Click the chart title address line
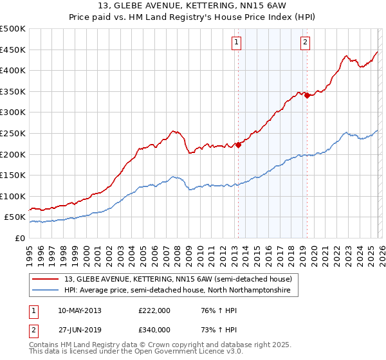(192, 6)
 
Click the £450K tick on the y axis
(13, 50)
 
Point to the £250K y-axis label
(13, 133)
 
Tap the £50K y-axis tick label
(15, 217)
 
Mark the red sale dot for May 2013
(238, 145)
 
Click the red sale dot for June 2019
(308, 95)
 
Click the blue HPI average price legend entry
(177, 291)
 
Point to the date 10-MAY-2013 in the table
(79, 310)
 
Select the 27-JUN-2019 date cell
(79, 329)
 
